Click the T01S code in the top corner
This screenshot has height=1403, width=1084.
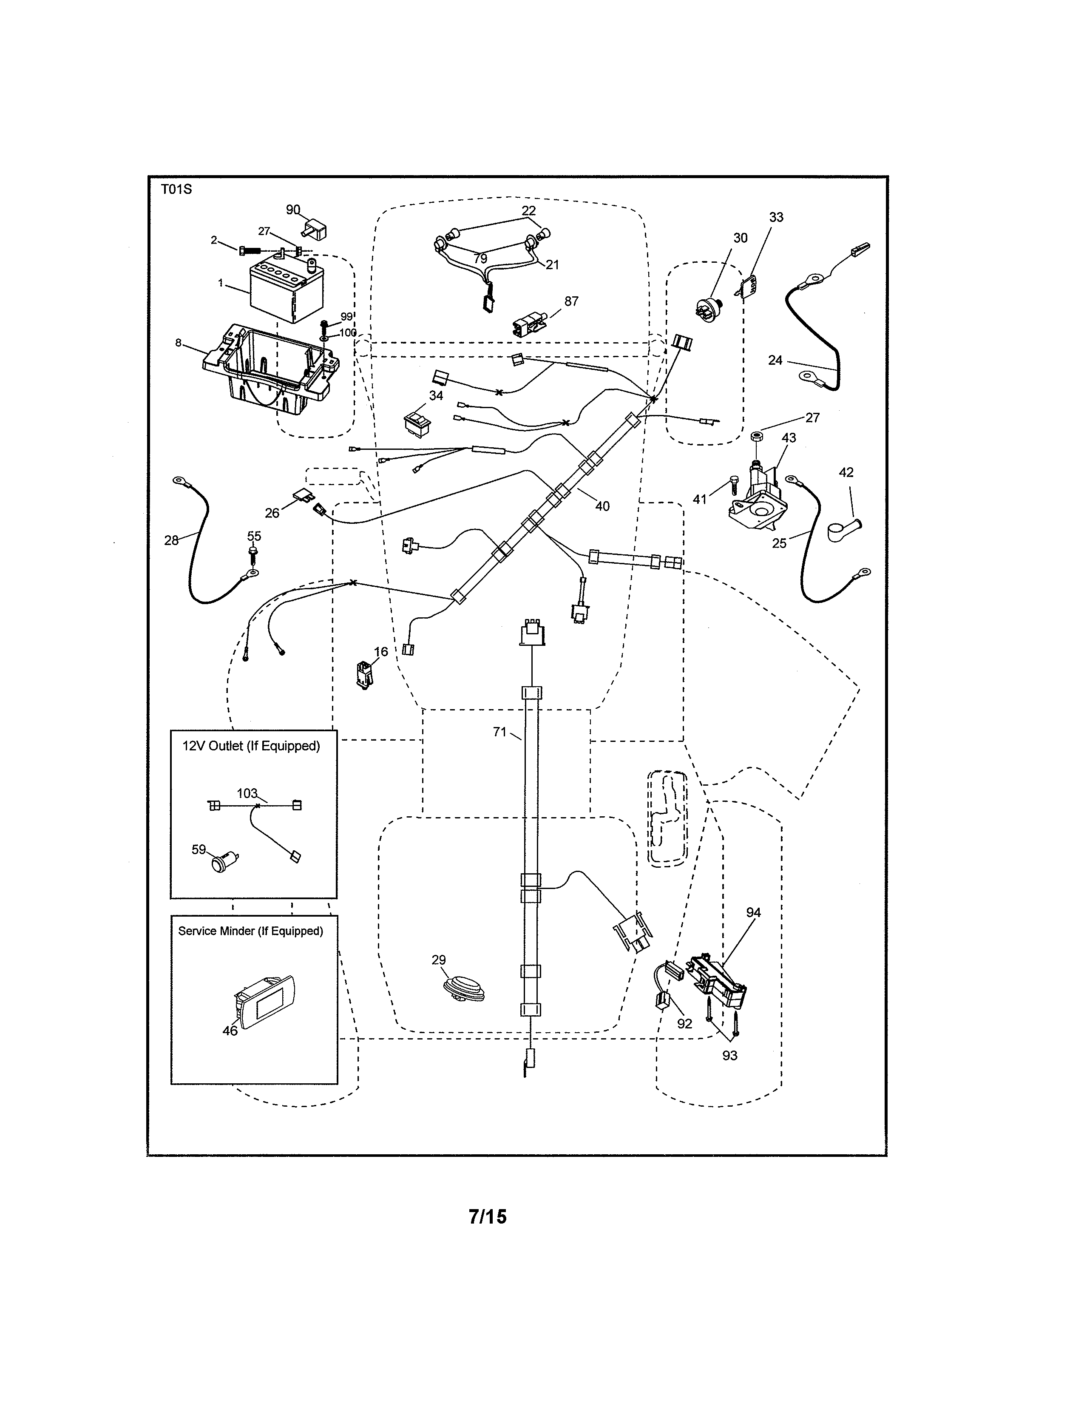[176, 190]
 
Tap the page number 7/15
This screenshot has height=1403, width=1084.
[488, 1217]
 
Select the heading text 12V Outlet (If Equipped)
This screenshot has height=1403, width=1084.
[251, 746]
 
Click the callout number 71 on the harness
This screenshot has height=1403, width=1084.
[499, 732]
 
